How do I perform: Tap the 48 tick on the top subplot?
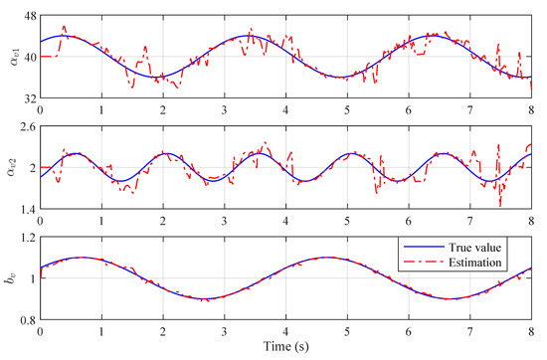[28, 17]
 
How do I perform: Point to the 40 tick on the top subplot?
[28, 57]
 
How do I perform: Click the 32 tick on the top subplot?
[28, 97]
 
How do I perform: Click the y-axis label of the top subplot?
[10, 57]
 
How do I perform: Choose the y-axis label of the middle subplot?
[10, 167]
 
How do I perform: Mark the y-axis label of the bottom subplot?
[10, 277]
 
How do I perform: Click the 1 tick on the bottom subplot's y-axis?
[31, 277]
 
